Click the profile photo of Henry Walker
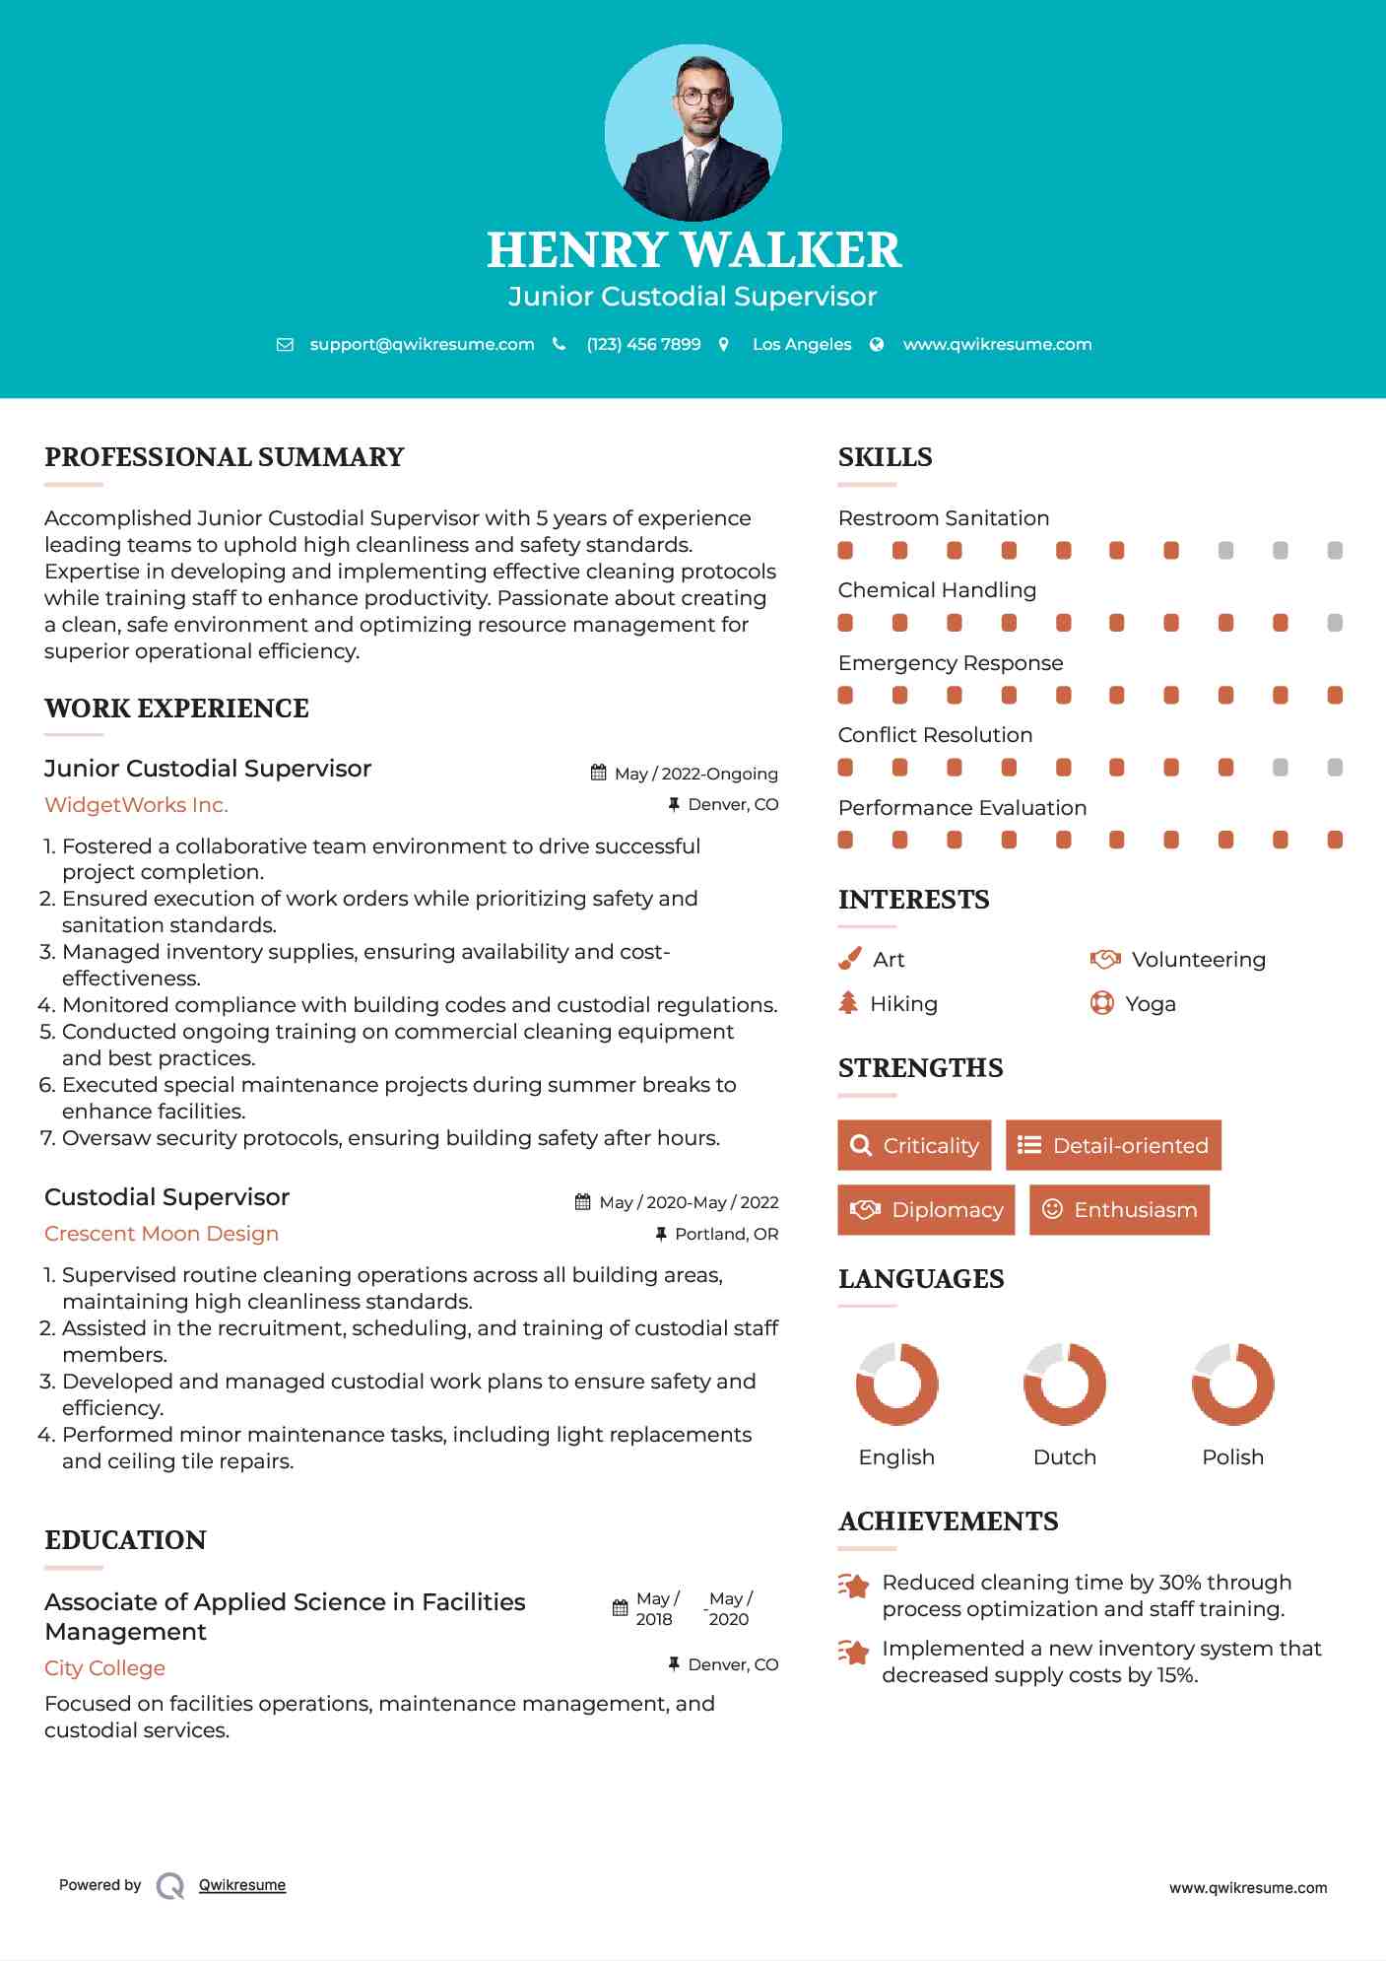(693, 132)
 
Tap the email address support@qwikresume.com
(422, 345)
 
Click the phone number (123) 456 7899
(643, 345)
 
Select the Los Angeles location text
(802, 345)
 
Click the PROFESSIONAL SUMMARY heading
(225, 457)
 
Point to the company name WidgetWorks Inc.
(136, 805)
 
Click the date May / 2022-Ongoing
(695, 775)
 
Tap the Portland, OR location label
(726, 1235)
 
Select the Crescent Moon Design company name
(162, 1234)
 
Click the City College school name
(104, 1668)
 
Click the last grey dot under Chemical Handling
(1335, 623)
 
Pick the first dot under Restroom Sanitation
(845, 551)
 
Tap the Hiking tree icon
(848, 1003)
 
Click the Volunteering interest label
(1198, 960)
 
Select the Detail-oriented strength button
(1113, 1145)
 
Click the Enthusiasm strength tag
(1119, 1210)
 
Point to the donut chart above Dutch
(1065, 1384)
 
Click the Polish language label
(1232, 1457)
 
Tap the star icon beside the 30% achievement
(854, 1586)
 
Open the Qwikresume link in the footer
(242, 1885)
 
